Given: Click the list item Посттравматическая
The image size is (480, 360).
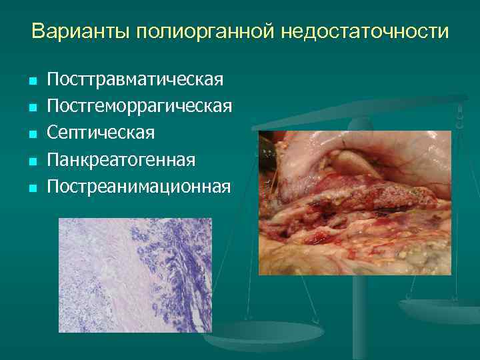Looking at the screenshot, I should click(135, 81).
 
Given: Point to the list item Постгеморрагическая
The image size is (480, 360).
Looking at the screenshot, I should click(139, 107).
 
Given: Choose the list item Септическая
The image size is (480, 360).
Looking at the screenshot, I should click(101, 133).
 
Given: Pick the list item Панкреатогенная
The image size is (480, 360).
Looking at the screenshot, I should click(121, 160).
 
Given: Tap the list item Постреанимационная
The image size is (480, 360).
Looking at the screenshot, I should click(139, 187).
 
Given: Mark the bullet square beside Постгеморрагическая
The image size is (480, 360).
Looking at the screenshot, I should click(31, 108).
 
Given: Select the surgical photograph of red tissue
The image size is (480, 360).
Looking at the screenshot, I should click(355, 203).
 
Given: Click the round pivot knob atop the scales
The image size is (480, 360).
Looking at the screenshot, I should click(360, 123).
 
